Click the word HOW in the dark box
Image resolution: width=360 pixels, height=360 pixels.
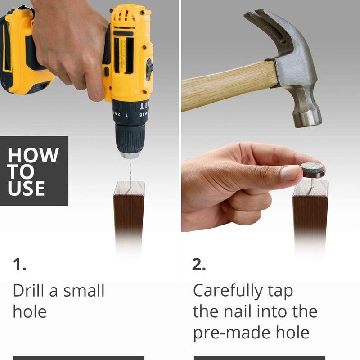point(33,155)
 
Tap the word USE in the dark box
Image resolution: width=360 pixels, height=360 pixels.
point(26,188)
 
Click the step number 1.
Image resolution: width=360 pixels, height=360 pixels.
point(19,265)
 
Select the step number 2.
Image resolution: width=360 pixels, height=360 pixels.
point(198,265)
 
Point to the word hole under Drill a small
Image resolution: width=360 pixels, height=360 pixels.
point(30,311)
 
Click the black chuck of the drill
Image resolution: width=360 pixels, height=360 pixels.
point(130,138)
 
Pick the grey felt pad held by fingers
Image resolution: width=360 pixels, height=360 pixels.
point(313,170)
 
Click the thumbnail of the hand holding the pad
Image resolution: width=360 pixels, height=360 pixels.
point(290,173)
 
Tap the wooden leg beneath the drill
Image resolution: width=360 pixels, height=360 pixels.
point(129,213)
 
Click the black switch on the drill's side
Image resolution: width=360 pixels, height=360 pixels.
point(149,69)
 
